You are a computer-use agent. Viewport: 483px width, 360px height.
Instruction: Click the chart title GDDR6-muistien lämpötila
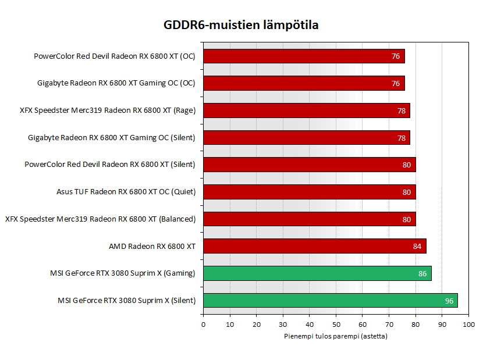tap(241, 25)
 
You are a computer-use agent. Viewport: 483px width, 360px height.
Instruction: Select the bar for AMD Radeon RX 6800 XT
tap(314, 246)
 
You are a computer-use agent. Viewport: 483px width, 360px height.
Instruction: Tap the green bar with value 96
tap(330, 300)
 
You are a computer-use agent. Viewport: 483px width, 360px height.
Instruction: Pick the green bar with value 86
tap(317, 273)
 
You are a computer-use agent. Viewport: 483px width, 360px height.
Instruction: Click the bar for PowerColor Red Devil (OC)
tap(304, 56)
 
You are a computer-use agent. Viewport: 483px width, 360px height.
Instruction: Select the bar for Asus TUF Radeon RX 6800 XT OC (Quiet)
tap(309, 192)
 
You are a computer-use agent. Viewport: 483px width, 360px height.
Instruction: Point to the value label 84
tap(417, 246)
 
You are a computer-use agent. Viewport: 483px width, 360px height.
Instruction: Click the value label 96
tap(449, 301)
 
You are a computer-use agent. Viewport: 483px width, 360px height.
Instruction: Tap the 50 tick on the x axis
tap(336, 325)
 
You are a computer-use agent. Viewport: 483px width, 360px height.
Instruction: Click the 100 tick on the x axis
tap(468, 325)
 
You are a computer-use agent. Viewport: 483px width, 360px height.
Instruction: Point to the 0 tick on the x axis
tap(203, 325)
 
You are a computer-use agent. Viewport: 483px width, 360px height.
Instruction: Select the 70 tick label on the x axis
tap(389, 325)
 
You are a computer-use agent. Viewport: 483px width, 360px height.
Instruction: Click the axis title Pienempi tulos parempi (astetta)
tap(336, 336)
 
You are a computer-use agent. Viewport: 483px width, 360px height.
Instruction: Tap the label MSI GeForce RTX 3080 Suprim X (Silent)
tap(126, 301)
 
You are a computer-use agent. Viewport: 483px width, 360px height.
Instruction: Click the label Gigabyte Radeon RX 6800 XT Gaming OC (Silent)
tap(111, 138)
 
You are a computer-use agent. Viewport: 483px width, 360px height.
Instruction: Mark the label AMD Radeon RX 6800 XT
tap(152, 246)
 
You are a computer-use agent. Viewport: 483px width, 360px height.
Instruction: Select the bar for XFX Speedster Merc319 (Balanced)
tap(309, 219)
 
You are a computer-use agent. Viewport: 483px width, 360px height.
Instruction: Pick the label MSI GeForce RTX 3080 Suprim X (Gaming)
tap(123, 273)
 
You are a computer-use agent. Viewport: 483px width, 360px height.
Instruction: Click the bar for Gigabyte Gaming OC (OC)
tap(304, 83)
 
